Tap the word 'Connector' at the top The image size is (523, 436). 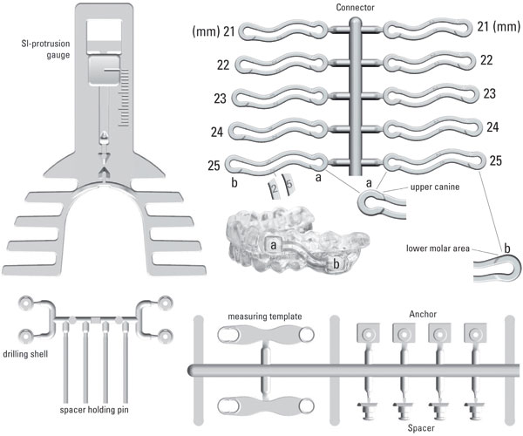pos(355,7)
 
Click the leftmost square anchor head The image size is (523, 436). pos(367,333)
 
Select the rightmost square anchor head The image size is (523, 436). pos(474,333)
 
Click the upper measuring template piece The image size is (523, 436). pos(263,336)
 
